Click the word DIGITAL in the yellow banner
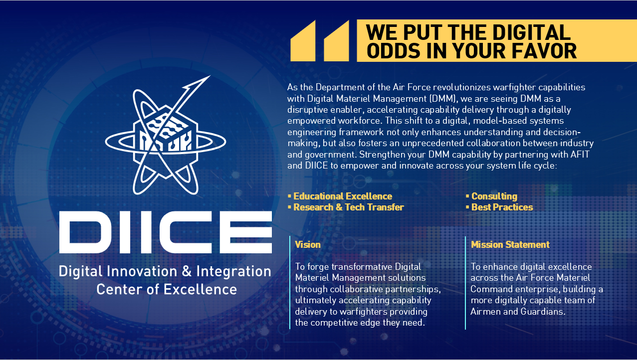(x=531, y=32)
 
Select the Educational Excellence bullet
(x=340, y=196)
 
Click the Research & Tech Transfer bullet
(x=346, y=207)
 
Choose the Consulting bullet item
(x=492, y=196)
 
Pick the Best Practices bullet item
(x=499, y=207)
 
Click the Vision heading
(x=308, y=244)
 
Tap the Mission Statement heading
(x=510, y=244)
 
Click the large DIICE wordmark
(x=166, y=232)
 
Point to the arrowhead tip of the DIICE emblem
(x=210, y=76)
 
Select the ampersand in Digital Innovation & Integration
(x=187, y=271)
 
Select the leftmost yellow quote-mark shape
(x=303, y=41)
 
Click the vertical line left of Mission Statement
(x=465, y=283)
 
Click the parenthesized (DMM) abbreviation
(x=443, y=99)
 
